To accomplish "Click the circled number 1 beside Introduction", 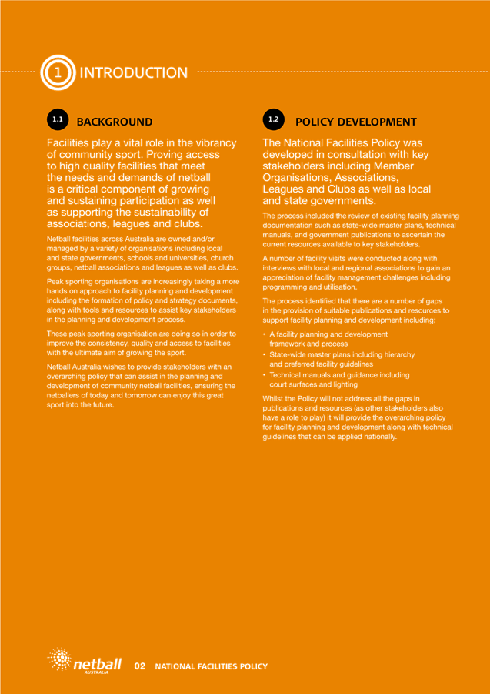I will [x=55, y=72].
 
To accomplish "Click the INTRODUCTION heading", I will [x=133, y=73].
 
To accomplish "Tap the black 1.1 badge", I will [x=56, y=121].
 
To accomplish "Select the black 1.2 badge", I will [x=274, y=121].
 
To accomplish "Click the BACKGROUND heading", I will [x=115, y=122].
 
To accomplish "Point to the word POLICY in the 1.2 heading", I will [x=315, y=122].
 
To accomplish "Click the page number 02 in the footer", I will [x=140, y=665].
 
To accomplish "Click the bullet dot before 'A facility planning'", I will [x=264, y=334].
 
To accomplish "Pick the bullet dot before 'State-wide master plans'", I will [x=264, y=354].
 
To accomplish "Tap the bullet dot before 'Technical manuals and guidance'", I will [x=264, y=374].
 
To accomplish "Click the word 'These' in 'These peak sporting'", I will [x=58, y=333].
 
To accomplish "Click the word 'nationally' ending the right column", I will [x=377, y=437].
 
